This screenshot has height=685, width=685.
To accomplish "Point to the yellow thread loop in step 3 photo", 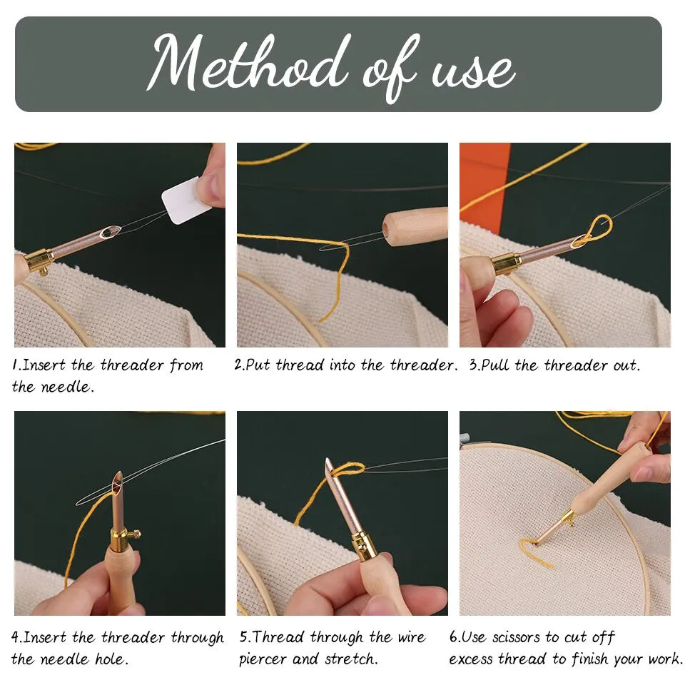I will (x=595, y=230).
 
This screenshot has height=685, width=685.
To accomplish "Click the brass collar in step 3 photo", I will (x=506, y=263).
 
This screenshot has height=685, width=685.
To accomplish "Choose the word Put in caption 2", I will (x=259, y=365).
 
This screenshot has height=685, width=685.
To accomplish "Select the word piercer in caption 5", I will (x=264, y=659).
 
